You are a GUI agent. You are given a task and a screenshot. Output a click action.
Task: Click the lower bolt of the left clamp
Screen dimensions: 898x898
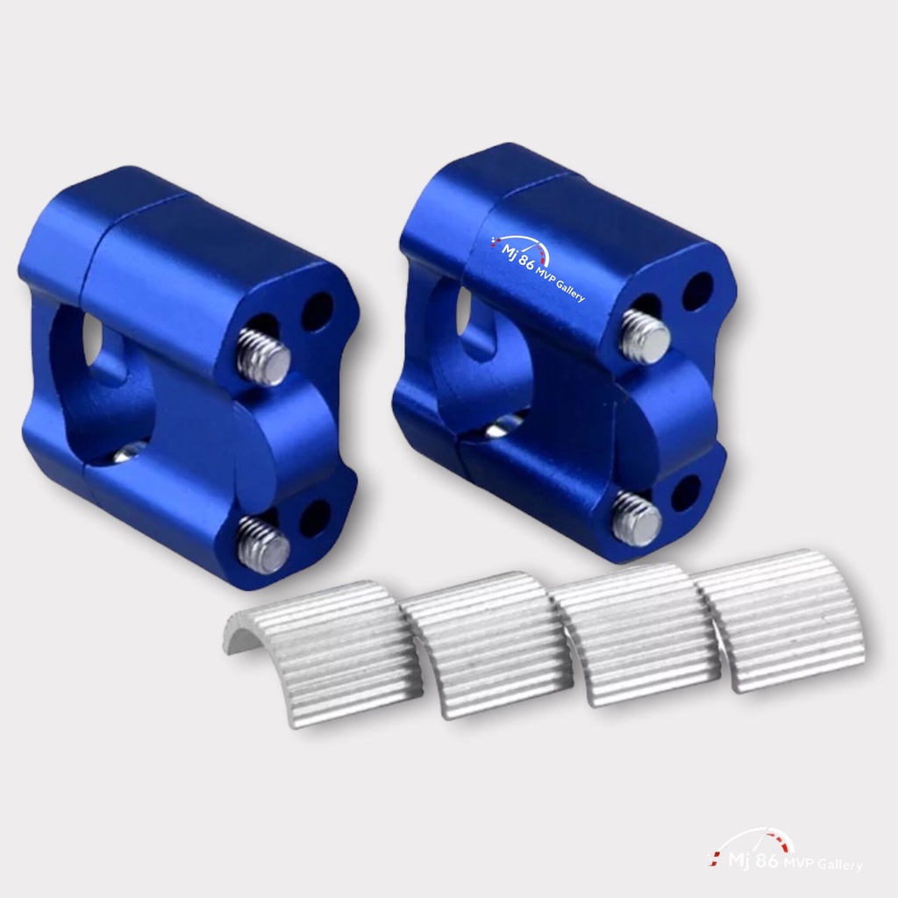click(263, 541)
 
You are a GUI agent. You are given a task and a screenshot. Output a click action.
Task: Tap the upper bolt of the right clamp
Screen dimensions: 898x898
click(645, 336)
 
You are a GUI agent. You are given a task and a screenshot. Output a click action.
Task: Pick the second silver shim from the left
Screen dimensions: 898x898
click(487, 645)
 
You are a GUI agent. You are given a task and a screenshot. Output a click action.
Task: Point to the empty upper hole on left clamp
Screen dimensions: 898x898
click(317, 311)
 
